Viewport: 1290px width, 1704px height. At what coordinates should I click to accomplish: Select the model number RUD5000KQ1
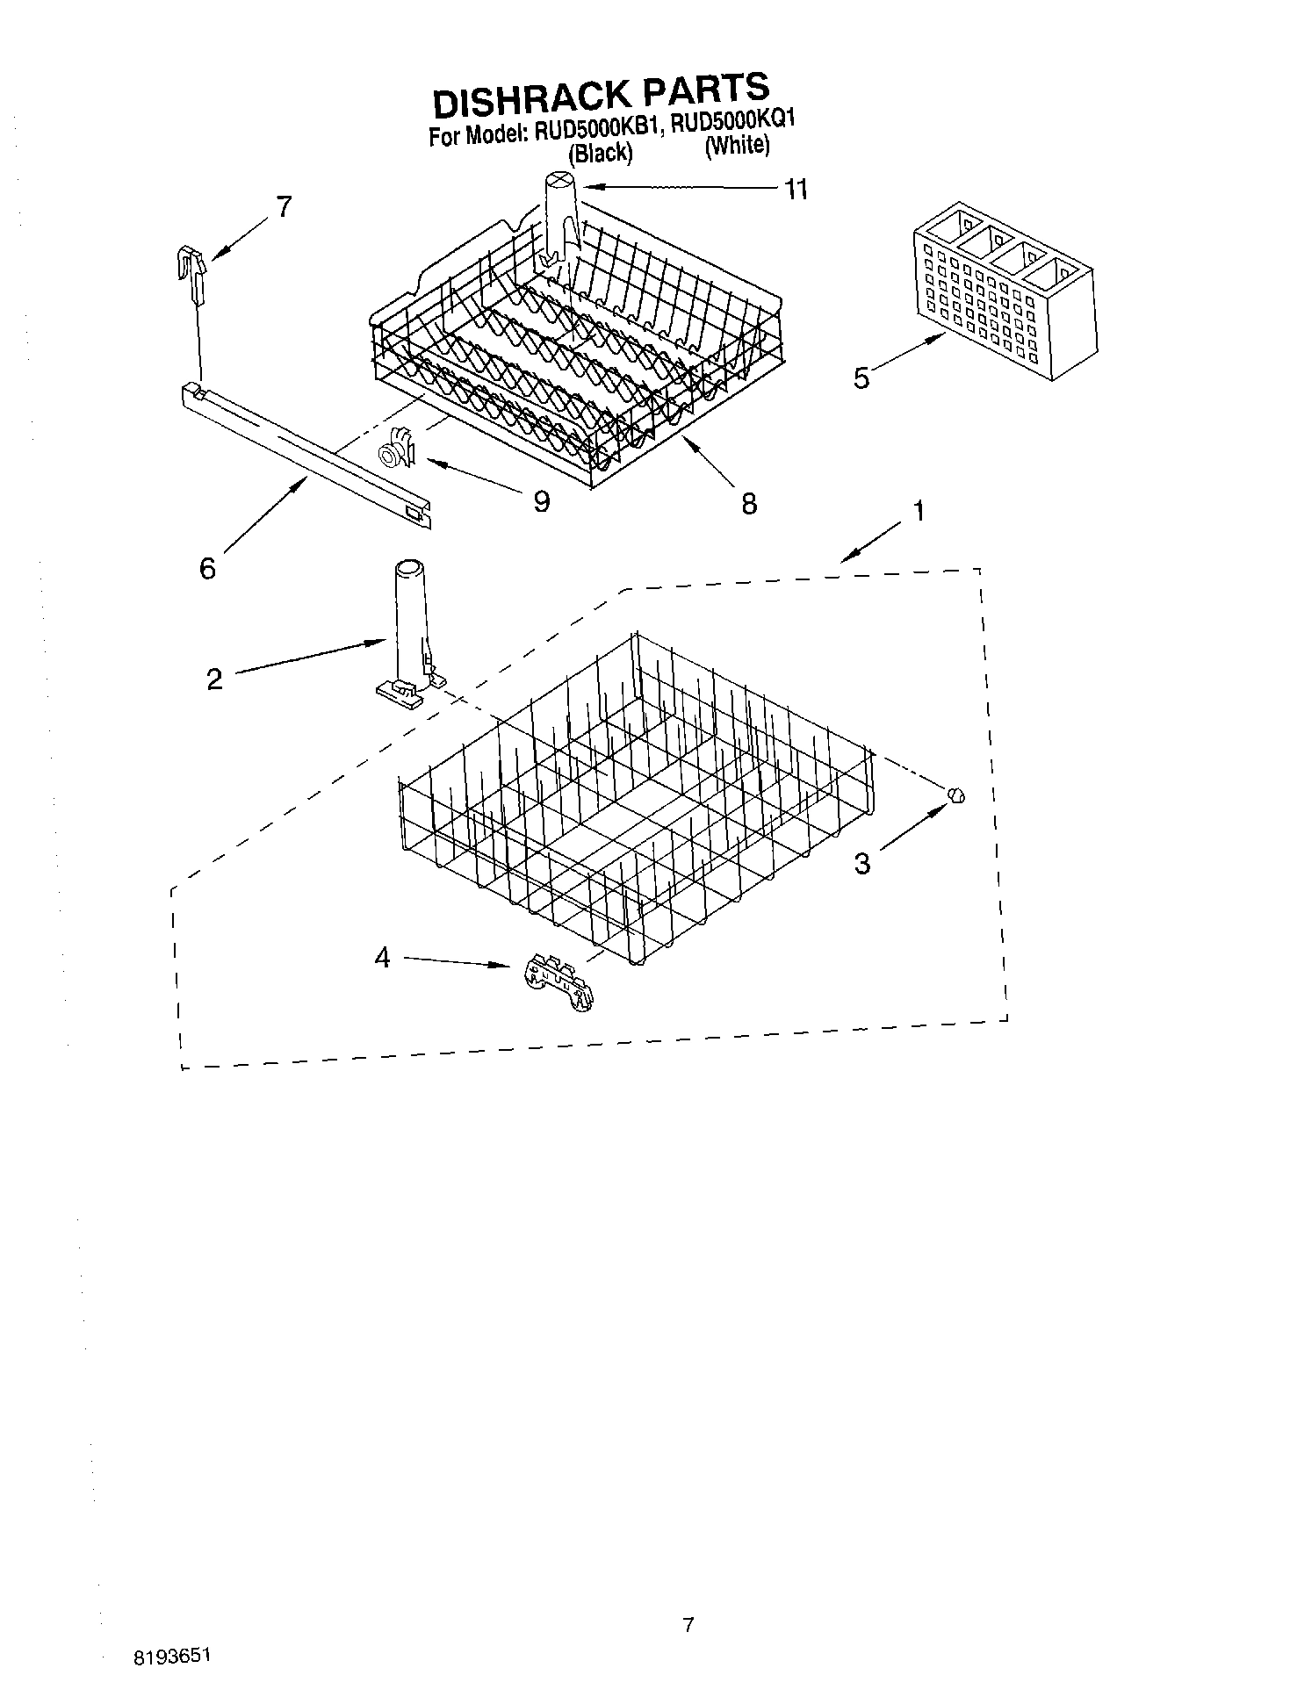pos(732,123)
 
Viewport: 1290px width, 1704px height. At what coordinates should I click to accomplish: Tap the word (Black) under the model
pos(600,153)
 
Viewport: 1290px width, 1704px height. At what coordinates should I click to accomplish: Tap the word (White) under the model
pos(737,145)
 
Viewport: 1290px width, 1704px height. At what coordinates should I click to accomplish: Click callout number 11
pos(796,189)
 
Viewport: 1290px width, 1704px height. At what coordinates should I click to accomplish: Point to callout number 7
pos(284,207)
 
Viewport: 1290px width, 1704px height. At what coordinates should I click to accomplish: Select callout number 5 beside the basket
pos(861,378)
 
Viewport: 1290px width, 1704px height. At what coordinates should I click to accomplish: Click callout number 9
pos(541,501)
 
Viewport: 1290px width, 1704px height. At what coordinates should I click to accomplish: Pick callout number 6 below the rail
pos(207,569)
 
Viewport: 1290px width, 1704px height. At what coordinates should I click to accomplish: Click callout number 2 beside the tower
pos(215,679)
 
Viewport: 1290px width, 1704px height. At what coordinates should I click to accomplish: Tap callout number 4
pos(382,958)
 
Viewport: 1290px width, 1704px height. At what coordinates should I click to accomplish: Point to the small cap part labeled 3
pos(956,794)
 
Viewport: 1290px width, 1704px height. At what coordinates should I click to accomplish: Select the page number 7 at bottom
pos(688,1625)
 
